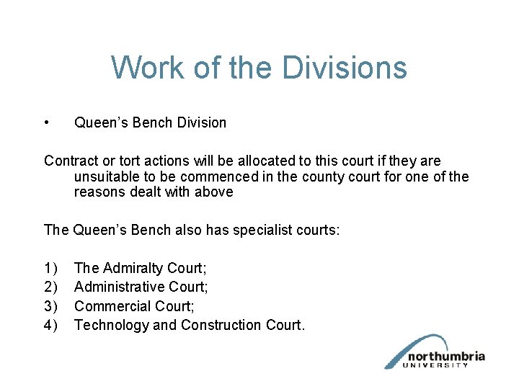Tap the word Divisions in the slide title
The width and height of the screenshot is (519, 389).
(x=345, y=68)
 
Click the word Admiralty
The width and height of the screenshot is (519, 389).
(x=132, y=269)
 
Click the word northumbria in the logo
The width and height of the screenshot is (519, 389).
(x=446, y=356)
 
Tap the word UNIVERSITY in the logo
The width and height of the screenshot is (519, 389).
(x=438, y=365)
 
